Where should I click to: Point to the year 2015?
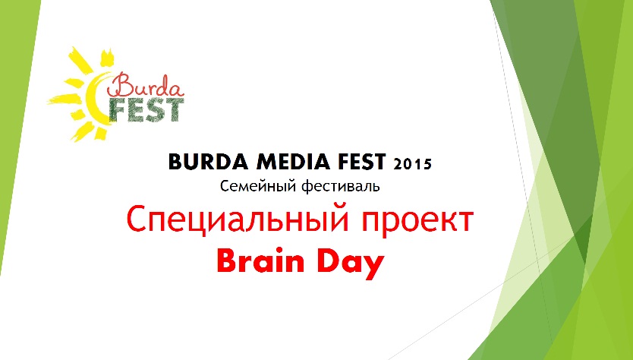pos(413,164)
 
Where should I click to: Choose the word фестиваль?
pos(341,186)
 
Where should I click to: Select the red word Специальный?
pos(238,219)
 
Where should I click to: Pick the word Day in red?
pos(351,264)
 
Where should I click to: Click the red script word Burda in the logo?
pos(145,85)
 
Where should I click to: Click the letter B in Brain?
pos(226,261)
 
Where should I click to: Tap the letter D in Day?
pos(328,261)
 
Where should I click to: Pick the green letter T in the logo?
pos(175,110)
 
